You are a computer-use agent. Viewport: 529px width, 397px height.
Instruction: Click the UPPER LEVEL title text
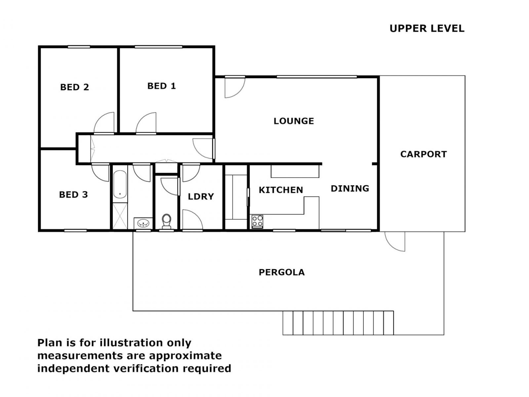[x=427, y=28]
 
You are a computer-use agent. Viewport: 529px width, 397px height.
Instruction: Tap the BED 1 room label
[x=161, y=86]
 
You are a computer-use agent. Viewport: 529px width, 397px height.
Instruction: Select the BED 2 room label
[x=74, y=87]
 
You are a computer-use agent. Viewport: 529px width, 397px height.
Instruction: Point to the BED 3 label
[x=73, y=195]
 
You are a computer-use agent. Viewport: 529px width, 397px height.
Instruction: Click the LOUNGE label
[x=294, y=121]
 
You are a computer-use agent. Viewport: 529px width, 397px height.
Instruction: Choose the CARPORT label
[x=423, y=154]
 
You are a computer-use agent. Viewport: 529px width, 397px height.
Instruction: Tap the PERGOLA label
[x=281, y=272]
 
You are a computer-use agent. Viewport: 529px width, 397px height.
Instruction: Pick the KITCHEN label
[x=281, y=190]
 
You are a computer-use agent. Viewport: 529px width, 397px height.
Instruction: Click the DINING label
[x=350, y=189]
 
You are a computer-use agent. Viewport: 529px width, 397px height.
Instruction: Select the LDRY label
[x=201, y=197]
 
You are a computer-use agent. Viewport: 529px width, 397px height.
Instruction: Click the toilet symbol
[x=166, y=221]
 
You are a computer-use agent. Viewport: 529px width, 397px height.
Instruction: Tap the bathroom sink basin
[x=143, y=223]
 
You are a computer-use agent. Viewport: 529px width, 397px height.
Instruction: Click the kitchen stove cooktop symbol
[x=257, y=221]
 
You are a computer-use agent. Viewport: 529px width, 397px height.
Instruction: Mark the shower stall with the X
[x=120, y=216]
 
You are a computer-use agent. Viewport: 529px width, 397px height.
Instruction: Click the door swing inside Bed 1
[x=146, y=123]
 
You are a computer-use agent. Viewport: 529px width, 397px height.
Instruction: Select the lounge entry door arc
[x=234, y=87]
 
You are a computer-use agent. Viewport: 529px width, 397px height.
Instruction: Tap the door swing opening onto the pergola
[x=395, y=241]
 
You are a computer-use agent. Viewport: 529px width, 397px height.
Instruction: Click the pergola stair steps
[x=338, y=323]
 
